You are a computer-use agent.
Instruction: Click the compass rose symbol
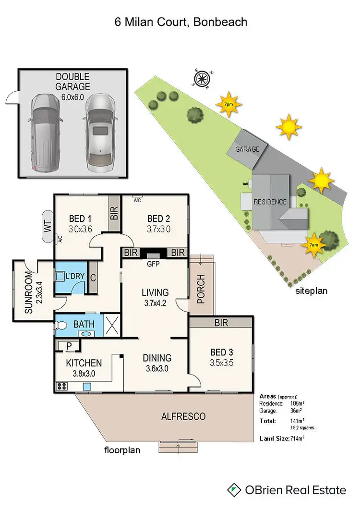(202, 78)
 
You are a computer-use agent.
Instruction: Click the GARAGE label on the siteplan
(247, 149)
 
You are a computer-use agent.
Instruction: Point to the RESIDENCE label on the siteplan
(270, 202)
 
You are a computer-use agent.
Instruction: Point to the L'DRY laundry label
(75, 277)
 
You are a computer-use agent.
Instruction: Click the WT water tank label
(48, 225)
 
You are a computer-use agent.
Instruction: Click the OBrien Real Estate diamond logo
(234, 490)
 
